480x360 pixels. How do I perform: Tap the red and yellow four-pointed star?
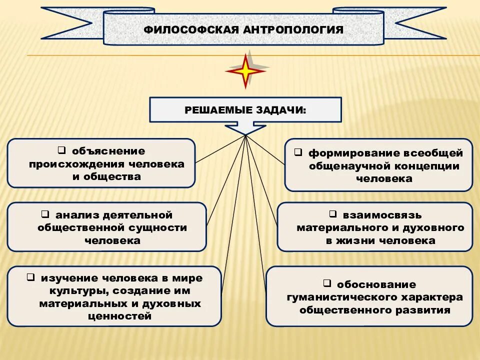tap(245, 71)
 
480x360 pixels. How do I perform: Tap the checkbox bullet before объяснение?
tap(61, 149)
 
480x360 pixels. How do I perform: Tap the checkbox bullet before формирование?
tap(297, 151)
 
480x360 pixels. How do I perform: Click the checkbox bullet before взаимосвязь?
tap(332, 214)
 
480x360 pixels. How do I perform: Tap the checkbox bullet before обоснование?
tap(326, 283)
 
